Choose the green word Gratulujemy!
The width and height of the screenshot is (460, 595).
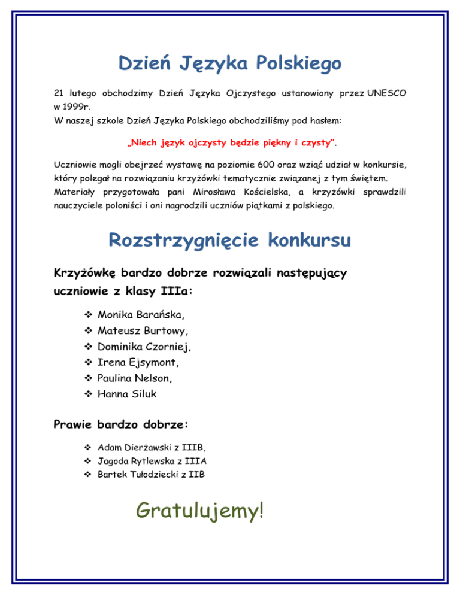click(x=199, y=511)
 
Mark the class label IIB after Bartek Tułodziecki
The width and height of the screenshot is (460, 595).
click(x=202, y=475)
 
